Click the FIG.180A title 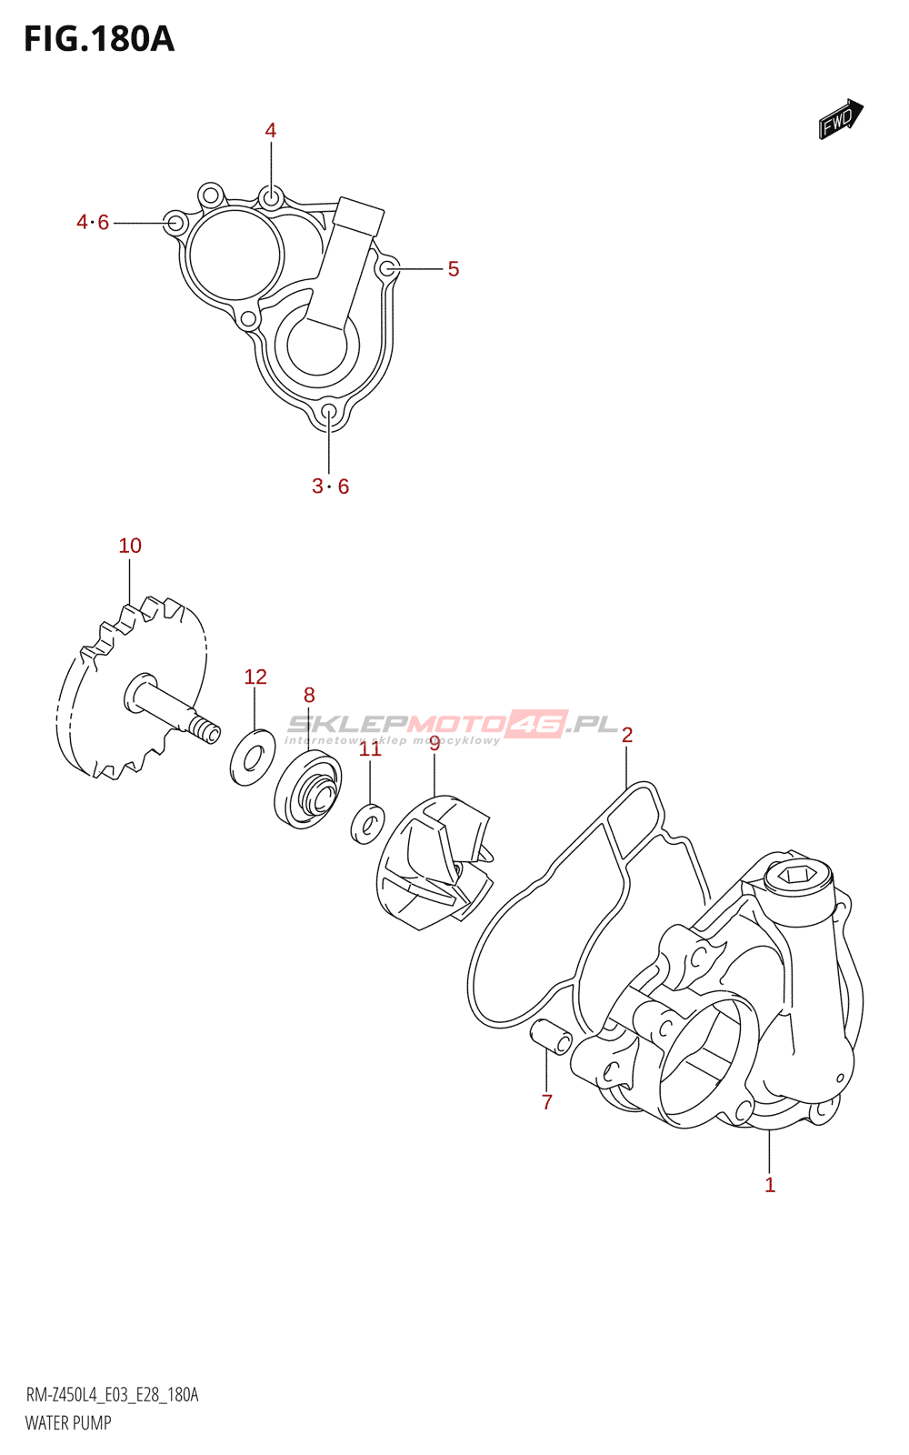coord(98,39)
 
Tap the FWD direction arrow coord(840,118)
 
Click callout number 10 coord(130,546)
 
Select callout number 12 coord(255,677)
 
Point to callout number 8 coord(309,696)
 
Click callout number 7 coord(546,1102)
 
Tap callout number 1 coord(769,1185)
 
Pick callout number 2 coord(627,735)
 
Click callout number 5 coord(453,269)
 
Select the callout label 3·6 coord(330,487)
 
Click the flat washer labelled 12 coord(253,757)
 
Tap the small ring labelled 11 coord(367,824)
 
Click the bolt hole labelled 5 coord(387,267)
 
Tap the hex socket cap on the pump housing coord(798,877)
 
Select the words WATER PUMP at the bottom coord(68,1423)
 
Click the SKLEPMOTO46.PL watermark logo coord(452,725)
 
